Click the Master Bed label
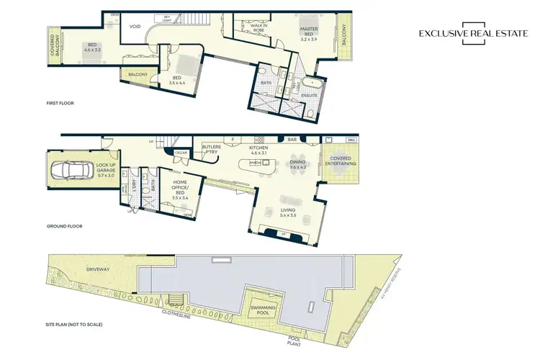pyautogui.click(x=309, y=32)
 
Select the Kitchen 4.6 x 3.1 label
pyautogui.click(x=258, y=150)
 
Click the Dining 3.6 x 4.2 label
pyautogui.click(x=297, y=165)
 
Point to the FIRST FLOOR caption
pyautogui.click(x=60, y=103)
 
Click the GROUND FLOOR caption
pyautogui.click(x=64, y=226)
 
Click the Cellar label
pyautogui.click(x=180, y=152)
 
